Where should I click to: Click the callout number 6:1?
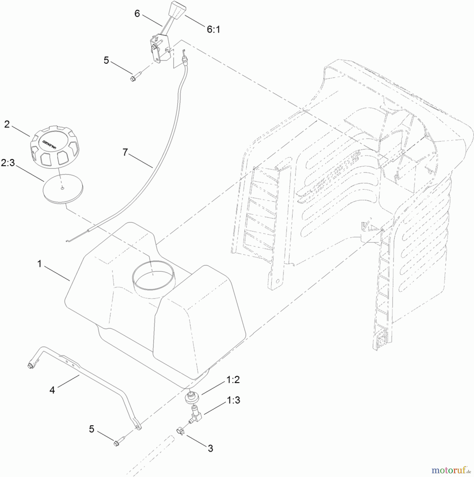coord(213,29)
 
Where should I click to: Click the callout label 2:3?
coord(8,163)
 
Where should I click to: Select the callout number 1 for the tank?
coord(39,264)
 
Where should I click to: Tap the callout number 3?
coord(210,448)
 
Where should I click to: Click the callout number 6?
coord(137,14)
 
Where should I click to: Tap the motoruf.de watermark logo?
coord(451,470)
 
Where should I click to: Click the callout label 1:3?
coord(233,400)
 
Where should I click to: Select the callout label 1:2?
coord(233,380)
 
